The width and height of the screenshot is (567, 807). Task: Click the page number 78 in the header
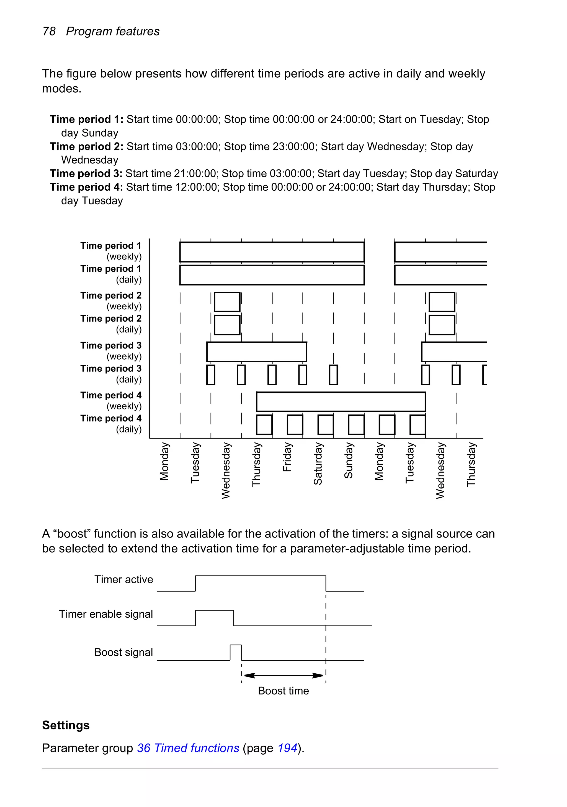coord(49,31)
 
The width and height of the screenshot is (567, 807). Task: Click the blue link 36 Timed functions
coord(188,748)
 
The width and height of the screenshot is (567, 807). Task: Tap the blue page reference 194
coord(287,748)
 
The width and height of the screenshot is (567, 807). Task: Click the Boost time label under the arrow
coord(283,691)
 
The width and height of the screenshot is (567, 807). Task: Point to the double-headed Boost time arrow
coord(283,675)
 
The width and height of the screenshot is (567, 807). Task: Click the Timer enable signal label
coord(106,614)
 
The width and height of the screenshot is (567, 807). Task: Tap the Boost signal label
coord(123,652)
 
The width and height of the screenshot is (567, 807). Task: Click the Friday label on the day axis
coord(287,457)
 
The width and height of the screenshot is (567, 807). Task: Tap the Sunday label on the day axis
coord(348,460)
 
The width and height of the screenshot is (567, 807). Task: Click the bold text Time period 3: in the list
coord(86,174)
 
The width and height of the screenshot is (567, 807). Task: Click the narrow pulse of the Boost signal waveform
coord(236,652)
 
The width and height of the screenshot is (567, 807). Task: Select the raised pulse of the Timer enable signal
coord(215,617)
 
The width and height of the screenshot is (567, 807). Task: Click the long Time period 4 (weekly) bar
coord(341,401)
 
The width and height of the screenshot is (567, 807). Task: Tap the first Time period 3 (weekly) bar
coord(256,352)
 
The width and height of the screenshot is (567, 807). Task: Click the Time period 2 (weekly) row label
coord(111,301)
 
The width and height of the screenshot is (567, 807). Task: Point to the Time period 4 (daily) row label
coord(111,424)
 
